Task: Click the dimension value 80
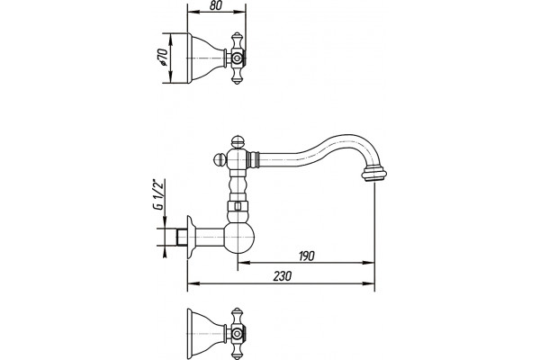coord(216,5)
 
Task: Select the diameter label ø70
coord(162,58)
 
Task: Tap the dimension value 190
coord(307,256)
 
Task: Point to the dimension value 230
coord(283,276)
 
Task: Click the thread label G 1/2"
coord(159,194)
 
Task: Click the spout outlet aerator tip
coord(374,174)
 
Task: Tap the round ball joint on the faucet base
coord(239,238)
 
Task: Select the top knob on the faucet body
coord(238,141)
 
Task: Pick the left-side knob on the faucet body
coord(219,160)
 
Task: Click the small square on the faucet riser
coord(237,207)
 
